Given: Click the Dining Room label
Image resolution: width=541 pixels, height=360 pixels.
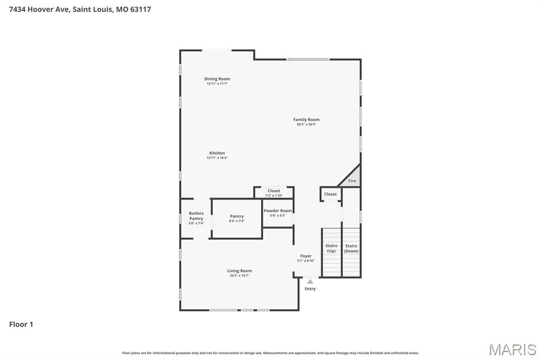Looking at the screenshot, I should click(x=217, y=79).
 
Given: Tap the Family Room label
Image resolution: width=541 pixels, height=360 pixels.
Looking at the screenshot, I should click(x=306, y=120).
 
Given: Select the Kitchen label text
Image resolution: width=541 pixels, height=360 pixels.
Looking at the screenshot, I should click(x=217, y=153).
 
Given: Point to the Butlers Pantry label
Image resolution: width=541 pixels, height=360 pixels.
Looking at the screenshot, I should click(x=196, y=216).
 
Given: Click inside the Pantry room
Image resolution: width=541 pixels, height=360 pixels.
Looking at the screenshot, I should click(x=237, y=218).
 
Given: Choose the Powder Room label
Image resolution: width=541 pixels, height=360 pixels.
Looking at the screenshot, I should click(x=278, y=211).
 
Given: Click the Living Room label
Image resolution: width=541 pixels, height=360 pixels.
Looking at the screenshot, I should click(x=239, y=271).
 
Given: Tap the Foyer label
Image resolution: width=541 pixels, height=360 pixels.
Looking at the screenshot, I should click(x=306, y=256).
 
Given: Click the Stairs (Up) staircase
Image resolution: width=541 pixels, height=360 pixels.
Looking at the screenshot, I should click(x=331, y=252).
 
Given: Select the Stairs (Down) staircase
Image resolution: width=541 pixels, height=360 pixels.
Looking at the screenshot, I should click(x=351, y=252).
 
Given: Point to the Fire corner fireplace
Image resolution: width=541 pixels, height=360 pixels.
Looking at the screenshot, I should click(x=352, y=179).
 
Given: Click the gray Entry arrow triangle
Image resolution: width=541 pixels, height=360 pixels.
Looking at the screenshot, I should click(x=310, y=282).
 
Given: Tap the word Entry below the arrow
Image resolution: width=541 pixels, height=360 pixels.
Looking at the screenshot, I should click(x=310, y=289).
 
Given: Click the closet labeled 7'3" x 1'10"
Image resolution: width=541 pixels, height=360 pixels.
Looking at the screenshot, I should click(x=274, y=193).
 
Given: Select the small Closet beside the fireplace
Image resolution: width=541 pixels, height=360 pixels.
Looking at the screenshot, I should click(x=330, y=194).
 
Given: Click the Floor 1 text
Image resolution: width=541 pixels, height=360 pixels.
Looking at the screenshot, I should click(x=21, y=325).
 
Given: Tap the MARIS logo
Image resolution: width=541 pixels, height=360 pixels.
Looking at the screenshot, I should click(x=512, y=349).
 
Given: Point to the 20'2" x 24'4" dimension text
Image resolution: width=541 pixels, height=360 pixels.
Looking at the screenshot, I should click(x=306, y=125).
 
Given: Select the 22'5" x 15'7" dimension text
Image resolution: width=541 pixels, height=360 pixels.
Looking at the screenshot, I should click(x=239, y=276).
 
